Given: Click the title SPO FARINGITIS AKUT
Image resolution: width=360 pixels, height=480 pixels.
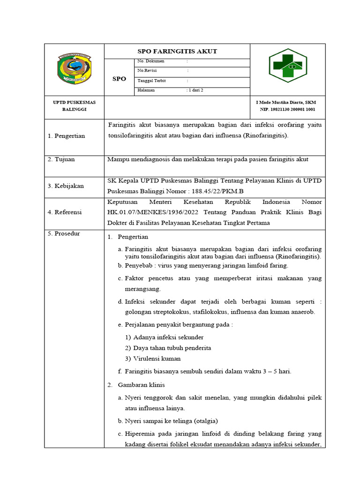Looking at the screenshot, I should (177, 51).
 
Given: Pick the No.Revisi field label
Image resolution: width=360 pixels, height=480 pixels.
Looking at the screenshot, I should (146, 70).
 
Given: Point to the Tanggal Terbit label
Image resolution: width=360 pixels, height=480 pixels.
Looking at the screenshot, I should (150, 80).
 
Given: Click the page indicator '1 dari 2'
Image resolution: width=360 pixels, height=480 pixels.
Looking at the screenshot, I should (195, 90).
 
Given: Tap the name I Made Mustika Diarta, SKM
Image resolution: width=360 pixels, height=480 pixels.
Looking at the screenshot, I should (285, 102).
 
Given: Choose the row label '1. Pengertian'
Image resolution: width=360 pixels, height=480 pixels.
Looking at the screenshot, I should (66, 136).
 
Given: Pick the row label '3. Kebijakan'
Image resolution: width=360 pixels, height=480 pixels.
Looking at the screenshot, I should (66, 186).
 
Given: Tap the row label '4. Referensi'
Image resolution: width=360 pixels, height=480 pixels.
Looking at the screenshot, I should (65, 212).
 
